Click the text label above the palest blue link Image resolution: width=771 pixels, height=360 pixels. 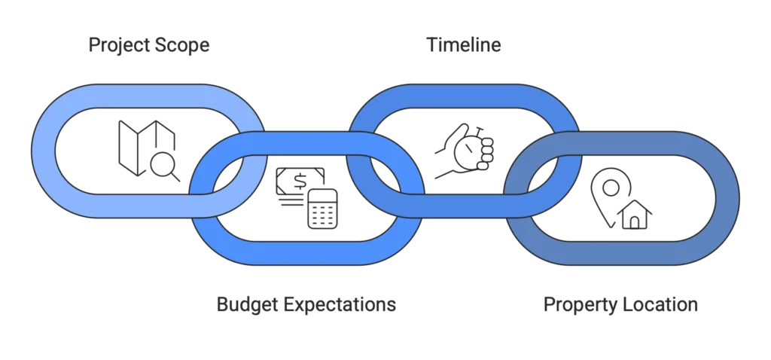click(x=148, y=46)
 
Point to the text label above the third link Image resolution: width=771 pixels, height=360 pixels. click(x=465, y=46)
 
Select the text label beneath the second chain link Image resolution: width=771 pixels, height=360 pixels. click(x=306, y=305)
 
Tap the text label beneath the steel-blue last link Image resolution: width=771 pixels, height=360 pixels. click(x=620, y=305)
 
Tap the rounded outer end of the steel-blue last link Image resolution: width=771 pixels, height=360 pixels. click(x=727, y=197)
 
